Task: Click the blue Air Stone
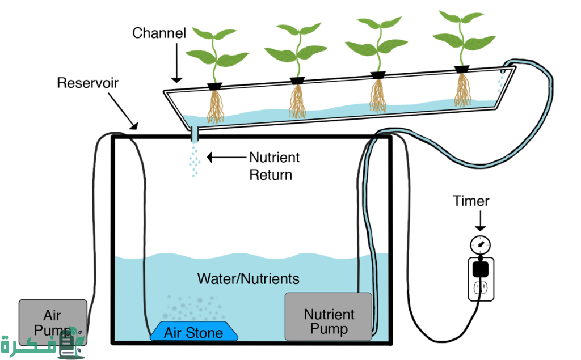[x=193, y=332]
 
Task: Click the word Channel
[x=159, y=33]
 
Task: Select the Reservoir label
[x=88, y=83]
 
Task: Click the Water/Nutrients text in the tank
[x=248, y=279]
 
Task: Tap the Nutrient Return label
[x=274, y=166]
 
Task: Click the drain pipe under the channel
[x=194, y=134]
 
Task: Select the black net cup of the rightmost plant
[x=462, y=69]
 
